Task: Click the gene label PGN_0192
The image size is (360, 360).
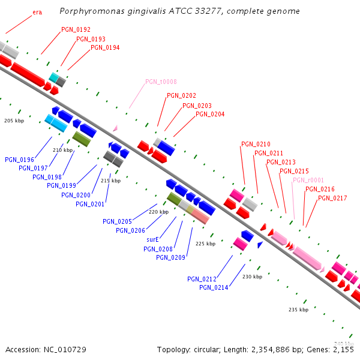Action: pyautogui.click(x=76, y=29)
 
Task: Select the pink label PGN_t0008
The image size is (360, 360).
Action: pyautogui.click(x=161, y=82)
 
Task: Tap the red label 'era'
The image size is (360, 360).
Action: pyautogui.click(x=37, y=12)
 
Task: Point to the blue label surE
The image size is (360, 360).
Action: pyautogui.click(x=152, y=239)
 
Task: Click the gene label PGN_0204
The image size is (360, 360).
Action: pyautogui.click(x=210, y=114)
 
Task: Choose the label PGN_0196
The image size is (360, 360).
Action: pyautogui.click(x=19, y=160)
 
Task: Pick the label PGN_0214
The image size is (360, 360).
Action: pyautogui.click(x=214, y=287)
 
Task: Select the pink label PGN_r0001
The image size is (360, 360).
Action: pyautogui.click(x=308, y=180)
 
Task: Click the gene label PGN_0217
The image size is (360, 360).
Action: pyautogui.click(x=332, y=198)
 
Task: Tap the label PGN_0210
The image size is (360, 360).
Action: pyautogui.click(x=256, y=144)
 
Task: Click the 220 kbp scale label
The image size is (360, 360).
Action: pyautogui.click(x=158, y=212)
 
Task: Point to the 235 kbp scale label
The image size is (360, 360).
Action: pyautogui.click(x=298, y=310)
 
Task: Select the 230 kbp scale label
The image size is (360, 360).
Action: pyautogui.click(x=252, y=277)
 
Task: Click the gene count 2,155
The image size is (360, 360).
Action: pyautogui.click(x=343, y=349)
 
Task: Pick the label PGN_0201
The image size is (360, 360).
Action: pyautogui.click(x=90, y=204)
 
